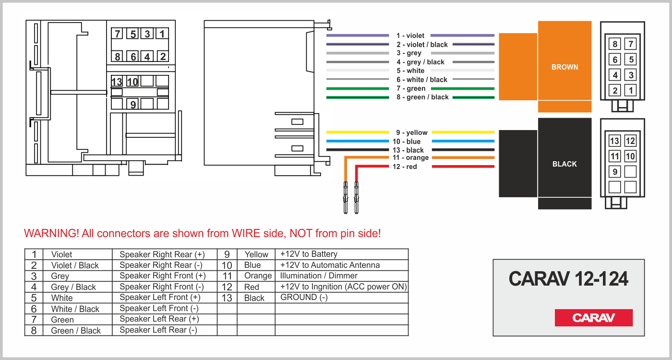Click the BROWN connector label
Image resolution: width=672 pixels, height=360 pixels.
tap(564, 67)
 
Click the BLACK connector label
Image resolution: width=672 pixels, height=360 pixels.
tap(564, 164)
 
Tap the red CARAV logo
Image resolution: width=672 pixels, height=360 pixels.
tap(594, 318)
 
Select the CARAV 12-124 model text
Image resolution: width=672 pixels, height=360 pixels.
tap(568, 278)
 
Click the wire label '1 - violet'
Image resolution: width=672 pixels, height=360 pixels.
tap(410, 36)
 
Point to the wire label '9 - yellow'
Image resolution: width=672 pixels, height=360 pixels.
tap(411, 132)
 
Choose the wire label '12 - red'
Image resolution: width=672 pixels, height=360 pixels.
tap(405, 167)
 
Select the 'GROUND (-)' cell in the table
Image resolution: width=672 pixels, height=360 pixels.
tap(304, 297)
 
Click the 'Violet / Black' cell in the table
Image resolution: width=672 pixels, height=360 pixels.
tap(75, 265)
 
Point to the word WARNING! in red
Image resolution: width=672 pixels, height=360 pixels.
tap(51, 234)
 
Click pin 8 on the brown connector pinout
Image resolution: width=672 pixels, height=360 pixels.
tap(615, 45)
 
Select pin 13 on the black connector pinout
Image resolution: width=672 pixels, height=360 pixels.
tap(615, 141)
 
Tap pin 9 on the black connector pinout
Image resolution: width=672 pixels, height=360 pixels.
tap(615, 171)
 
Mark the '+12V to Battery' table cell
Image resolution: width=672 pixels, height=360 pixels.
tap(309, 254)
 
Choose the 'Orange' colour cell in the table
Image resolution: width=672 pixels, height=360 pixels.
tap(258, 276)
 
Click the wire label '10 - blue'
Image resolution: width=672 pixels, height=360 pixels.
tap(406, 142)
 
